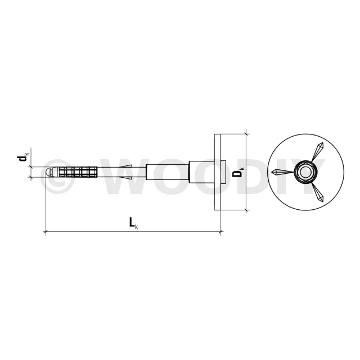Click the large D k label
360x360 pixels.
(238, 173)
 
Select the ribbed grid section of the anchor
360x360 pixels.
(78, 172)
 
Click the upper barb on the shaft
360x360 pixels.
(126, 166)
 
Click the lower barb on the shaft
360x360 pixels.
(126, 178)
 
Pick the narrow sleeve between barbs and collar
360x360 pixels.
(168, 172)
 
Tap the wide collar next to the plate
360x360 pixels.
(206, 172)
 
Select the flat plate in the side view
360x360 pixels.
(218, 172)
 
